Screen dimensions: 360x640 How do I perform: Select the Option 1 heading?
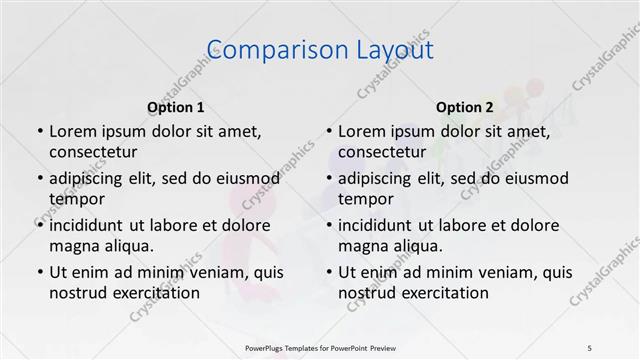[176, 107]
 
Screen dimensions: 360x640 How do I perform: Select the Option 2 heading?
[465, 107]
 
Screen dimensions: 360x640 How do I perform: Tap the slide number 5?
[590, 347]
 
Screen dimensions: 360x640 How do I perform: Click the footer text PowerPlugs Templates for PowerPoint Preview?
[319, 347]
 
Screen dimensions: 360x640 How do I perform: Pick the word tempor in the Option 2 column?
[366, 199]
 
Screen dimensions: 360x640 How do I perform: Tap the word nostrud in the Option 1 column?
[78, 293]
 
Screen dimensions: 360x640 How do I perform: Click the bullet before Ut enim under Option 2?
[328, 272]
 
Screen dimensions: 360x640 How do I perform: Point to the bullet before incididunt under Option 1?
[38, 225]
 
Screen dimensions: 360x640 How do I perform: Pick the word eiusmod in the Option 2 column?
[538, 179]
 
